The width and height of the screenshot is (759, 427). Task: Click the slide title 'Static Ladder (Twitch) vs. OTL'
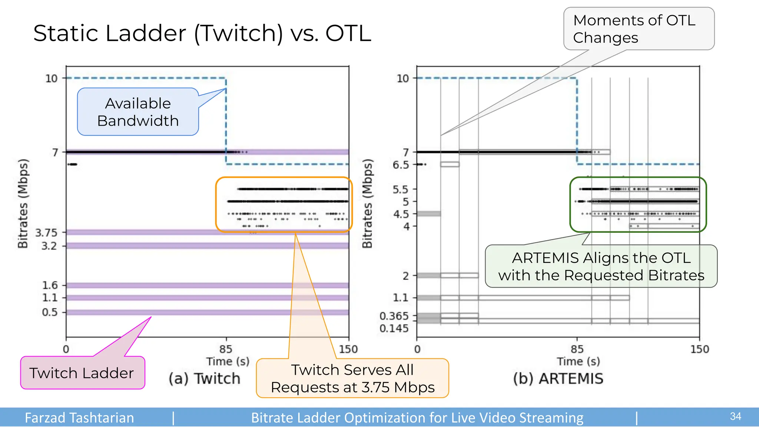[202, 33]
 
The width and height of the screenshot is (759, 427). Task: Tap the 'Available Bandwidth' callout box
[138, 112]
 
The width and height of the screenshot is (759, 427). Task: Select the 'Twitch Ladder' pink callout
[82, 373]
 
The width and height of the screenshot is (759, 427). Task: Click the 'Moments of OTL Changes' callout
[638, 29]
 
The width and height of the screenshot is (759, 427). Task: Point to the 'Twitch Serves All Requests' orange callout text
[352, 378]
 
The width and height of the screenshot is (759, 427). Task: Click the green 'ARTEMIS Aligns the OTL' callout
[601, 267]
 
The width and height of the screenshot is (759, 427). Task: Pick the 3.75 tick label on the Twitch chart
[46, 233]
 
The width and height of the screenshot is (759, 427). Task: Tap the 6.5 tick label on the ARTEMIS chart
[401, 165]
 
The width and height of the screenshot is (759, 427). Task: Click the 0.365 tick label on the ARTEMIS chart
[394, 316]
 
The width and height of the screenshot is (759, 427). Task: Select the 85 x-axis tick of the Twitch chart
[226, 349]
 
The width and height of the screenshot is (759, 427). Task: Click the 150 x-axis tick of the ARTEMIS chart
[699, 349]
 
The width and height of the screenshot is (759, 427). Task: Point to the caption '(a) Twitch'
[205, 379]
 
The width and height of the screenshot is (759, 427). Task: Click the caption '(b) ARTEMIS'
[558, 379]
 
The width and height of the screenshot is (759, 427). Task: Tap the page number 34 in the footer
[735, 417]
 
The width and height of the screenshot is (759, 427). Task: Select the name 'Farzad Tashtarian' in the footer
[79, 418]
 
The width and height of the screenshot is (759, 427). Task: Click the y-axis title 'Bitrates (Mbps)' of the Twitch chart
[23, 203]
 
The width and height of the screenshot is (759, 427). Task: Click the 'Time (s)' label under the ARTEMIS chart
[578, 361]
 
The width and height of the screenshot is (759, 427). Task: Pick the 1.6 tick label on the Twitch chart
[50, 285]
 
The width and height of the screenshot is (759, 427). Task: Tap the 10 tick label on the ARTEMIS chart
[403, 79]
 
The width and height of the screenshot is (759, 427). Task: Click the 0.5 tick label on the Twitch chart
[50, 312]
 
